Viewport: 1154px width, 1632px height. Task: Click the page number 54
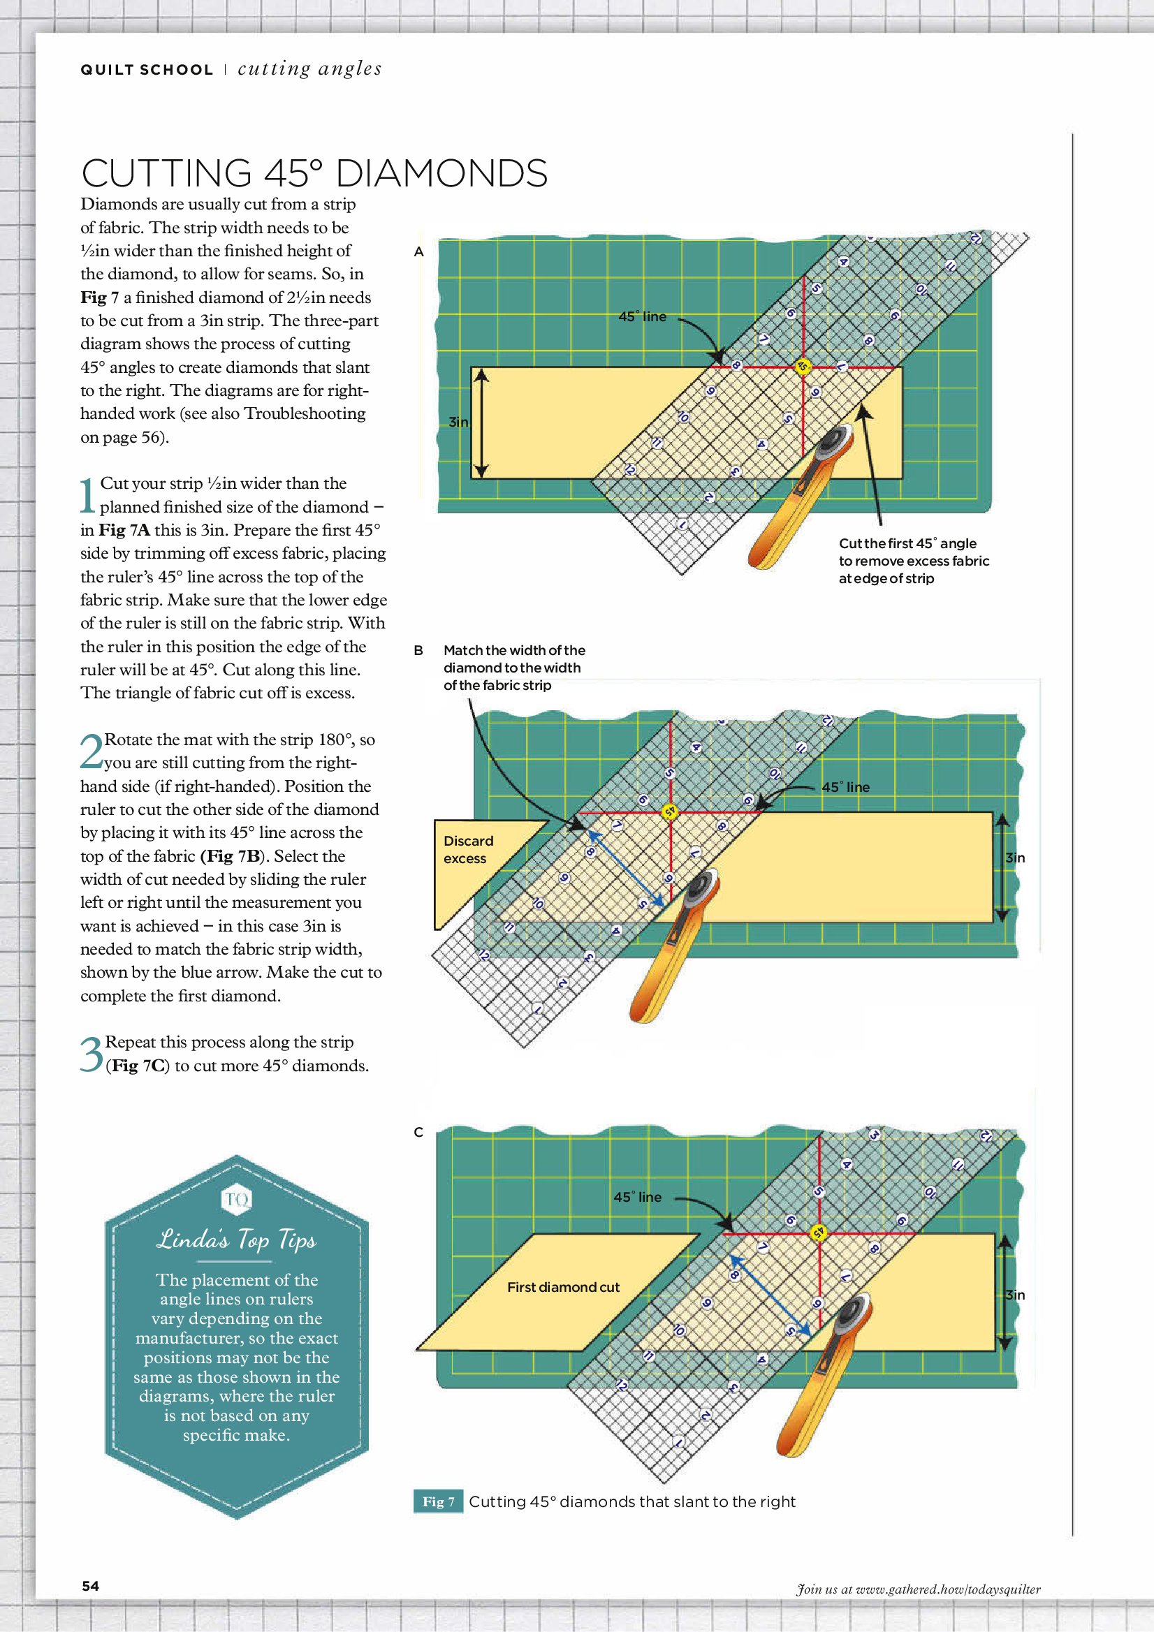point(90,1586)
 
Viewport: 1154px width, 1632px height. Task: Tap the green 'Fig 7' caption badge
point(438,1501)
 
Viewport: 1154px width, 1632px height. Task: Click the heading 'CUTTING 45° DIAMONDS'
point(314,172)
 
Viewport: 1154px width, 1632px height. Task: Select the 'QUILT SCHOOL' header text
point(147,70)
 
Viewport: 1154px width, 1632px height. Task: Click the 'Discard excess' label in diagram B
point(468,849)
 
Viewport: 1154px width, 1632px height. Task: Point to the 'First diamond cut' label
point(563,1286)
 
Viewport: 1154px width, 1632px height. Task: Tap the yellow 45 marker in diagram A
point(803,367)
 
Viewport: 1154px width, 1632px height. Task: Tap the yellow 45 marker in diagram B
point(669,811)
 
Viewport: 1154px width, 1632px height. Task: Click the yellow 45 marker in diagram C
point(819,1233)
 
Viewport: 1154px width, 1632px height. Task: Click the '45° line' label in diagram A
point(643,316)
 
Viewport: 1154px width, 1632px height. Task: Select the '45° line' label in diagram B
point(845,787)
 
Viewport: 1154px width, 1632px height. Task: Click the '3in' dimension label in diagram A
point(459,422)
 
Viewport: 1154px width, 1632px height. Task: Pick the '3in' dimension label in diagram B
point(1016,858)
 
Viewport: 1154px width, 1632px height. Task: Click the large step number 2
point(92,751)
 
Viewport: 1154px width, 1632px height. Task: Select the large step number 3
point(92,1054)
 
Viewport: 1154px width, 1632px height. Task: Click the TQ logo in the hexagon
point(237,1200)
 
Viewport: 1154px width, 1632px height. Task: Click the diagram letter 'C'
point(419,1132)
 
